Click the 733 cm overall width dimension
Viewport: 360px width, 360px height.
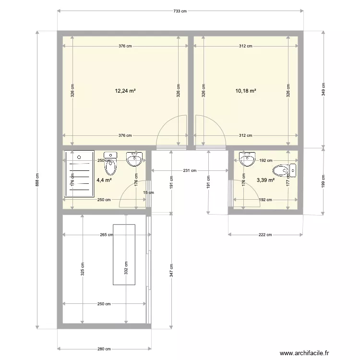[180, 11]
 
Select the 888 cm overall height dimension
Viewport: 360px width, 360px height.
[37, 181]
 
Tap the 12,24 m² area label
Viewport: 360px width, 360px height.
[125, 90]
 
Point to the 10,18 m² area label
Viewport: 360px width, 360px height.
[245, 90]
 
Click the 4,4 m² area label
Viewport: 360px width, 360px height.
[104, 180]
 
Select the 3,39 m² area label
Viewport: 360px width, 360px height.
[265, 180]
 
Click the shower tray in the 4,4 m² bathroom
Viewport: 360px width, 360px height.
[79, 173]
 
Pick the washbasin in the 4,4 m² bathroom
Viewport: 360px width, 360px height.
[134, 160]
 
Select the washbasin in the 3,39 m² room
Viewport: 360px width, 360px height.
[248, 159]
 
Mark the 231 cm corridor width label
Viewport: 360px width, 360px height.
[190, 170]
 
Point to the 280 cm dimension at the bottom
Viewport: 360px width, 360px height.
[104, 349]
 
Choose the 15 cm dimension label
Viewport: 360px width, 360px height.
[149, 192]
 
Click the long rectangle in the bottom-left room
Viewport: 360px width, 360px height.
[124, 254]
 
